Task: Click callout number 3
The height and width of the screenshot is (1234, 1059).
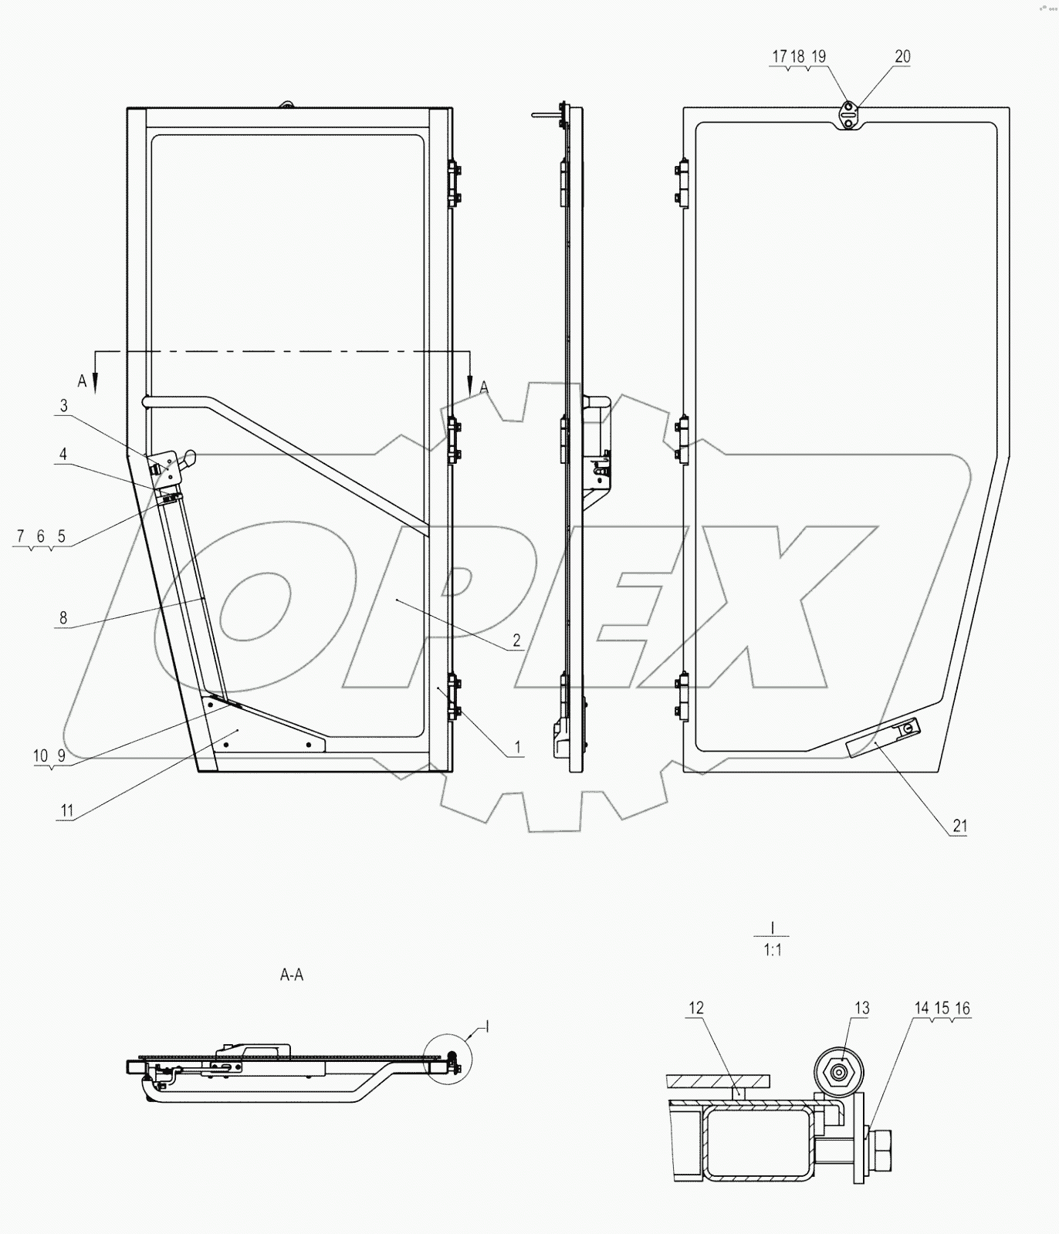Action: (64, 406)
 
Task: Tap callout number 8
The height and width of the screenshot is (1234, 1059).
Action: (63, 617)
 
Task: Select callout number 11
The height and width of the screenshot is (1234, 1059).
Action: (67, 810)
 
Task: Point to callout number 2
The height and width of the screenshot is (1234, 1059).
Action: (516, 640)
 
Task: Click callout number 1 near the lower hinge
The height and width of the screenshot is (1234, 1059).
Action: (517, 747)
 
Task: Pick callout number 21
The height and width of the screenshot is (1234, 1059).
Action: (959, 826)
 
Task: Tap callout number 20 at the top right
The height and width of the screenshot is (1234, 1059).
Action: (902, 56)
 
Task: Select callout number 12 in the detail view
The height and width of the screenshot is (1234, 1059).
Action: (696, 1008)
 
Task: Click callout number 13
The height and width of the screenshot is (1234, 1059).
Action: (861, 1008)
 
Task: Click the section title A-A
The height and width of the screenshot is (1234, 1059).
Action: (291, 975)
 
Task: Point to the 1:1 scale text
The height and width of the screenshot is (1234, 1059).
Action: (773, 951)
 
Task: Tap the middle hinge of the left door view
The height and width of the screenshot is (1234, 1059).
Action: (453, 440)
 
